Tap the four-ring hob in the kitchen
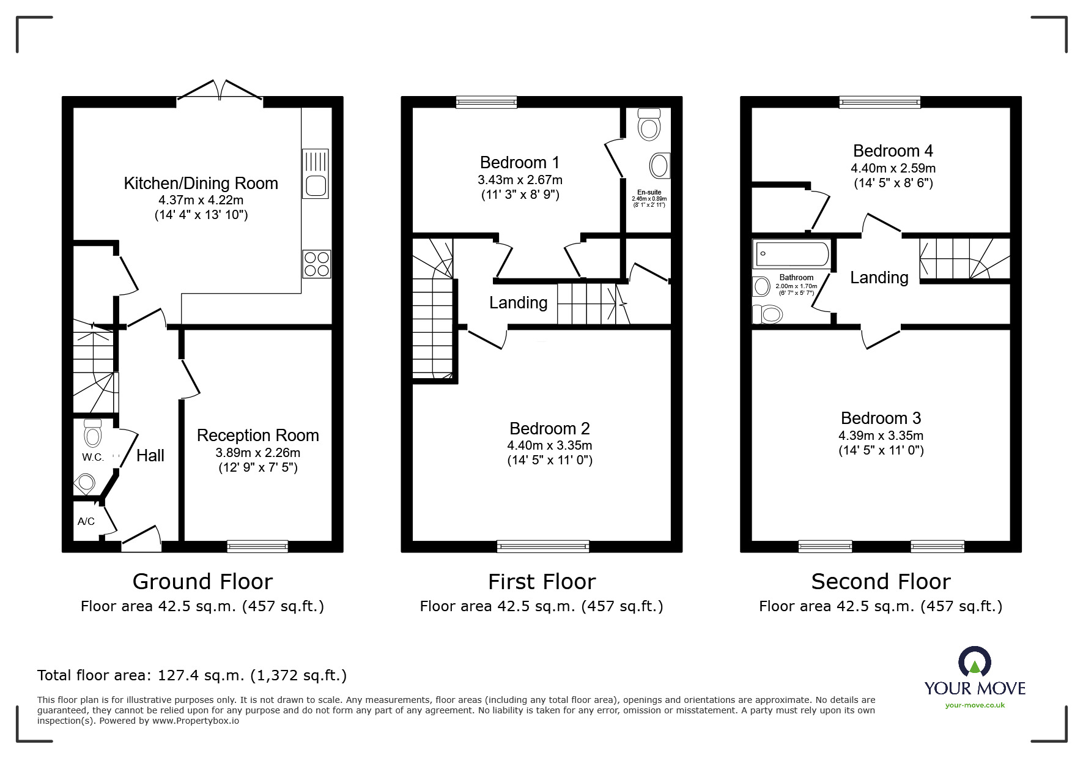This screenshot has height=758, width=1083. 316,264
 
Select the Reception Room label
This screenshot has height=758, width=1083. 257,436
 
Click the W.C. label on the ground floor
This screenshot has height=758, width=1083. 93,458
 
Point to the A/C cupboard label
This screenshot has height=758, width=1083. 86,522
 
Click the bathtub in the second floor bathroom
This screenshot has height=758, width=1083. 792,254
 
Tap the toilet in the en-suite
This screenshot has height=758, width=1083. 649,125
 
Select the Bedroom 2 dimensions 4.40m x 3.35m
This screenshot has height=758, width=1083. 549,445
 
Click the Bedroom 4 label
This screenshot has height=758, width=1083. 892,151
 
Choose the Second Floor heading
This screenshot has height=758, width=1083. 881,581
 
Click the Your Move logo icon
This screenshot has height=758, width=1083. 974,663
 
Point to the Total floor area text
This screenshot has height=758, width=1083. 192,675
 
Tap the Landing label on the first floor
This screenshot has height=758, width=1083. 518,303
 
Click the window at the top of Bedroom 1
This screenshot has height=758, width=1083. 486,102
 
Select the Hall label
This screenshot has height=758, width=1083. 150,456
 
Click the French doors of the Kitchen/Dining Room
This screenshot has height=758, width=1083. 220,91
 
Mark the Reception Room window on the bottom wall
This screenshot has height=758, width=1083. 257,546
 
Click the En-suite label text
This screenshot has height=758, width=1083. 649,192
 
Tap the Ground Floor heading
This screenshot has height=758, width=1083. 202,581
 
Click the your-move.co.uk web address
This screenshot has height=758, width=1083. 975,705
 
